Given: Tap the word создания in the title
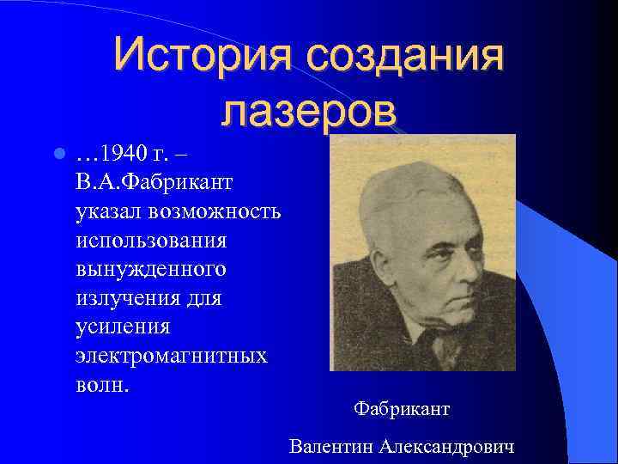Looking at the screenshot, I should point(402,55).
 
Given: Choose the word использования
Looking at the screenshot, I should point(151,241).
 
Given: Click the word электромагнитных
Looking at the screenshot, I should point(172,355).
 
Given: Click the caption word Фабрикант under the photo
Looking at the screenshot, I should point(401,409).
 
